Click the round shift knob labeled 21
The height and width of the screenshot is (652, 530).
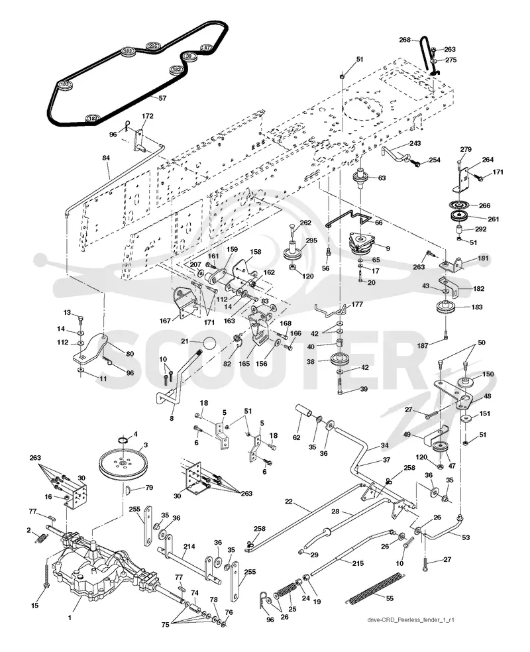209,344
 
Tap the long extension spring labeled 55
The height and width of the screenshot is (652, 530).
374,587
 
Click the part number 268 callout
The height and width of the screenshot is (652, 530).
405,40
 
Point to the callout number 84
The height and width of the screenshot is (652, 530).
107,158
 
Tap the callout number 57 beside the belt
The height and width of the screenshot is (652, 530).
162,98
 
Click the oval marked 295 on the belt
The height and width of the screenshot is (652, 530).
154,46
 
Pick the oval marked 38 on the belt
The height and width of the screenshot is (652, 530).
188,56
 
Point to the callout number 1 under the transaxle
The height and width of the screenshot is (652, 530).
70,618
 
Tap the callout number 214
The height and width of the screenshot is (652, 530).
189,547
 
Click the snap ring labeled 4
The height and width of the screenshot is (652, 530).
121,440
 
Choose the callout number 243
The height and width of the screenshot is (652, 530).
415,143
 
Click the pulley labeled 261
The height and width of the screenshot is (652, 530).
460,217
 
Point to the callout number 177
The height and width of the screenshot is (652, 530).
357,304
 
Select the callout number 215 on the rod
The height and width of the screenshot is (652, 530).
358,563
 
